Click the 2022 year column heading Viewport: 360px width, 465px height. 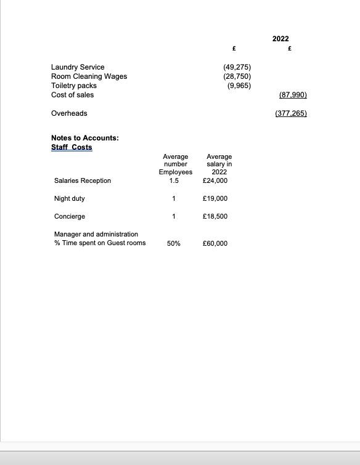[280, 39]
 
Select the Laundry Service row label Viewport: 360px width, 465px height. [78, 67]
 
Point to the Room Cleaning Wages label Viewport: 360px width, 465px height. [89, 76]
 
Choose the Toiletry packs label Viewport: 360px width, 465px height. [73, 86]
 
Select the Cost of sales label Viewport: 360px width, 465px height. [72, 95]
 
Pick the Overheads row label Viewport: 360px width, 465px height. [69, 113]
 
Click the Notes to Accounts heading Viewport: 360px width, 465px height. [84, 138]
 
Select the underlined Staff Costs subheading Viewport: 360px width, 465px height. [72, 147]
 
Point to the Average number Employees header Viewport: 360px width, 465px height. [175, 164]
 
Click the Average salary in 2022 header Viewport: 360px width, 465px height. [219, 164]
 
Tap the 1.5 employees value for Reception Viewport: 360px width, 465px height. [174, 180]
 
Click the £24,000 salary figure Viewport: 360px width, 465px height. [215, 180]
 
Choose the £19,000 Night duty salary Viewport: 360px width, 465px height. [215, 198]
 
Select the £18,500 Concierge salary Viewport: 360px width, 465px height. [215, 216]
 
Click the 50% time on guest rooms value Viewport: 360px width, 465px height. [174, 243]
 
